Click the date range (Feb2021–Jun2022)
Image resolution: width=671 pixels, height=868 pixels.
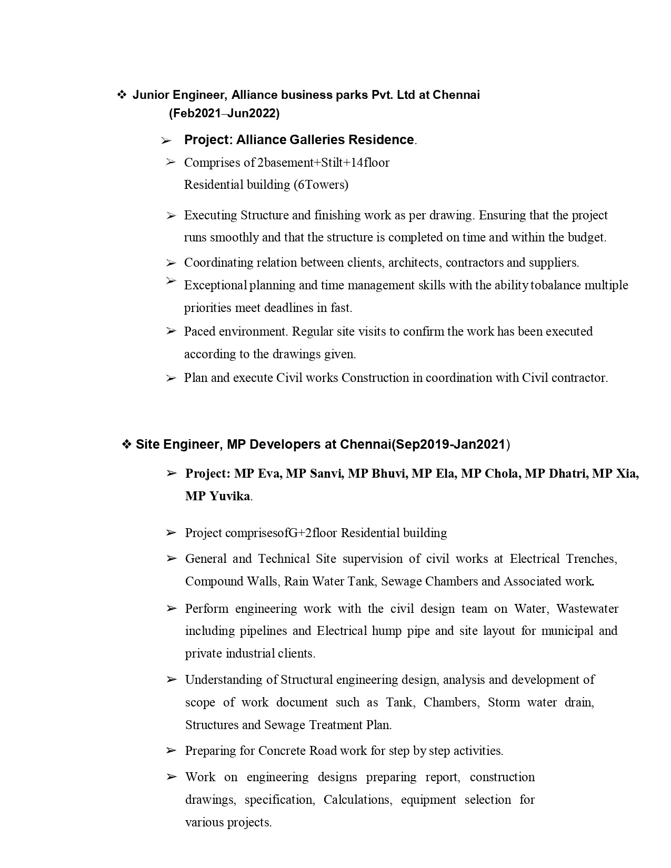[224, 113]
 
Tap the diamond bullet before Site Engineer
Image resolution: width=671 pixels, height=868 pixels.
[126, 445]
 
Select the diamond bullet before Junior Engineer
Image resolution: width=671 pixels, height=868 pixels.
[122, 95]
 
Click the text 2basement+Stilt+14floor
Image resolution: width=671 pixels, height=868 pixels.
[323, 163]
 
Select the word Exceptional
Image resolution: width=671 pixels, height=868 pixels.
[215, 285]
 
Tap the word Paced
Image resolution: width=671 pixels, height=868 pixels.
[199, 331]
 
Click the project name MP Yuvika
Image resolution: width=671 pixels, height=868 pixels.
[218, 496]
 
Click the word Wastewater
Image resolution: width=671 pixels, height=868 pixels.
[587, 609]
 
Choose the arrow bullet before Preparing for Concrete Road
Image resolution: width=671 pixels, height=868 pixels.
[171, 751]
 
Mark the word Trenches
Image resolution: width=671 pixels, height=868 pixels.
[591, 559]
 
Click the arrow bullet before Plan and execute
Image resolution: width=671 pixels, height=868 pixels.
[171, 378]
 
